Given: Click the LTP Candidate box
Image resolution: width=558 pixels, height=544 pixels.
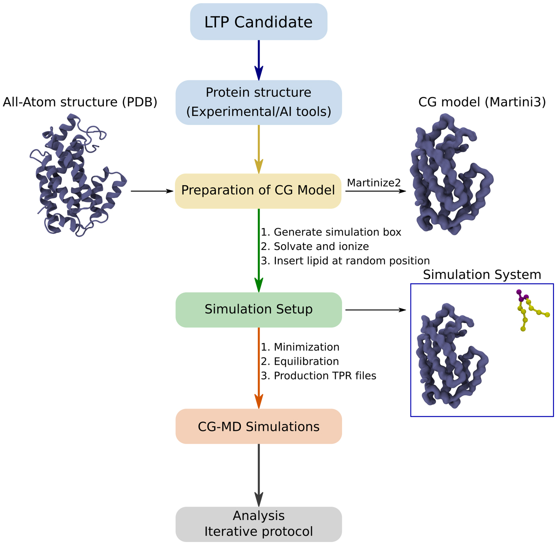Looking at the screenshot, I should coord(258,22).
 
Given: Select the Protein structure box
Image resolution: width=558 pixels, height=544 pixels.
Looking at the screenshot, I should coord(258,102).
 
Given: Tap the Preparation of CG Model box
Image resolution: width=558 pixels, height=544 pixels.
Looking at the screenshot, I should coord(258,190).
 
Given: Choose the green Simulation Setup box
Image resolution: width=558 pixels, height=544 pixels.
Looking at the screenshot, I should coord(258,309).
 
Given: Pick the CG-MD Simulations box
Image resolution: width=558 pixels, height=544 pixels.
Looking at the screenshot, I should coord(258,426).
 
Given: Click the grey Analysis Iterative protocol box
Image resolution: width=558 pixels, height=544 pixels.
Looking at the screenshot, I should coord(258,524).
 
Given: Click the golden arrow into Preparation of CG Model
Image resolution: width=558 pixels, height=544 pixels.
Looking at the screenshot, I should coord(259,149).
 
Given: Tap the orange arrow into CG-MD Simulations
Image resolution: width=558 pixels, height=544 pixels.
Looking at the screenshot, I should coord(259,368).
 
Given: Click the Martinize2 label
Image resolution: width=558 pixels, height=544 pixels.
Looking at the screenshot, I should coord(373,183).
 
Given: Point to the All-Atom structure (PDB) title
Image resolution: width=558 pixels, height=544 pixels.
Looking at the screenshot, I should coord(80,102).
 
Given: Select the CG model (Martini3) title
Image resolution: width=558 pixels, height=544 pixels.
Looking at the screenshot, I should coord(482,102).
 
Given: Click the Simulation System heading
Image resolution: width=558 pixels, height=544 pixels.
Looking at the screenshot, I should coord(482,275).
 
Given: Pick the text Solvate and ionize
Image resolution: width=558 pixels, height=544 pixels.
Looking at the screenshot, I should coord(321,246).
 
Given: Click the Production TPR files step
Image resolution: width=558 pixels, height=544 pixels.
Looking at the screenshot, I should coord(324,376).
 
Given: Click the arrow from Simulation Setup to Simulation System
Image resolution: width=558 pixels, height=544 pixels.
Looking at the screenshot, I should coord(375,310).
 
